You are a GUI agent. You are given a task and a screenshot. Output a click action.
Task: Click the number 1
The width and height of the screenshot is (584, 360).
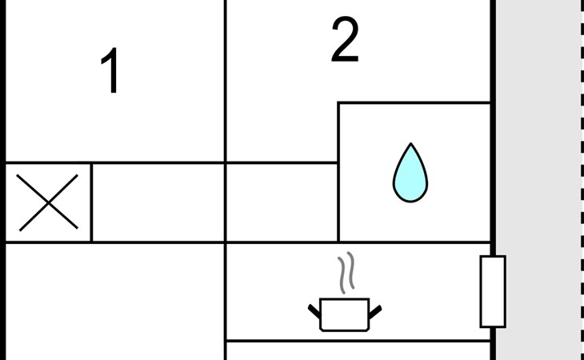click(x=111, y=70)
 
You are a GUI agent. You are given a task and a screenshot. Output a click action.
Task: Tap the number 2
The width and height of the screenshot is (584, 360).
click(x=345, y=39)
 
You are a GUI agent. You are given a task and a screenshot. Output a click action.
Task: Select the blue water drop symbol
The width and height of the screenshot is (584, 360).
click(x=410, y=174)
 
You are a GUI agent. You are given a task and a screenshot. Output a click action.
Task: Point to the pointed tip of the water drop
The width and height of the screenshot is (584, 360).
click(x=410, y=143)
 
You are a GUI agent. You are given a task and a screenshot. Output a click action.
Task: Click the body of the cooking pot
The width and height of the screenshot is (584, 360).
click(x=345, y=314)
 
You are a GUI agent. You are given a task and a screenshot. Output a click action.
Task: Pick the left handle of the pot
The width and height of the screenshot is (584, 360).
click(x=314, y=312)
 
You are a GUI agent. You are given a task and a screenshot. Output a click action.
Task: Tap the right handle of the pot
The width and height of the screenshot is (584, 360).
click(x=375, y=312)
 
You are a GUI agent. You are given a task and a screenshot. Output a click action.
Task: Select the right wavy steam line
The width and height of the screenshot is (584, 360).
click(x=351, y=270)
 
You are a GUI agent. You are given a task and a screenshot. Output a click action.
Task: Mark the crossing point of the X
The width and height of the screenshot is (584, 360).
click(x=48, y=203)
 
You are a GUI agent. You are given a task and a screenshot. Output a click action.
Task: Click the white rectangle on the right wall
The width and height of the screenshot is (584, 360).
click(x=493, y=291)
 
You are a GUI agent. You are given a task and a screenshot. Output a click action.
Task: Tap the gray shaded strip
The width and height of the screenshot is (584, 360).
click(x=538, y=180)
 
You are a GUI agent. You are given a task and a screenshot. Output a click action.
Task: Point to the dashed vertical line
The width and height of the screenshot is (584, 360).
click(x=582, y=180)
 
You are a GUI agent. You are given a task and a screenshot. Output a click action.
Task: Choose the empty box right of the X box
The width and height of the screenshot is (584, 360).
click(x=158, y=202)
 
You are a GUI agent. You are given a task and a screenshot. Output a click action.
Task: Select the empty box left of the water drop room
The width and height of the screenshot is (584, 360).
click(x=282, y=202)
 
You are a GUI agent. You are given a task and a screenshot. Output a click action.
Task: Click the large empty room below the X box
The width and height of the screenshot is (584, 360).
click(x=115, y=302)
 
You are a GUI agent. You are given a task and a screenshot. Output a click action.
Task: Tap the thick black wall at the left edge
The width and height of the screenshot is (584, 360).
click(x=2, y=180)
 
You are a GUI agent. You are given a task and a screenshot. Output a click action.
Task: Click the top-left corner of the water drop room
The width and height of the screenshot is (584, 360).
click(x=338, y=102)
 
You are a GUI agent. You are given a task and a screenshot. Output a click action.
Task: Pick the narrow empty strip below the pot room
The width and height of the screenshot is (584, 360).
click(x=358, y=351)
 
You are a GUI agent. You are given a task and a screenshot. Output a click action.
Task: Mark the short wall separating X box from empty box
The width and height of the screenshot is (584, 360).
click(x=92, y=202)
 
